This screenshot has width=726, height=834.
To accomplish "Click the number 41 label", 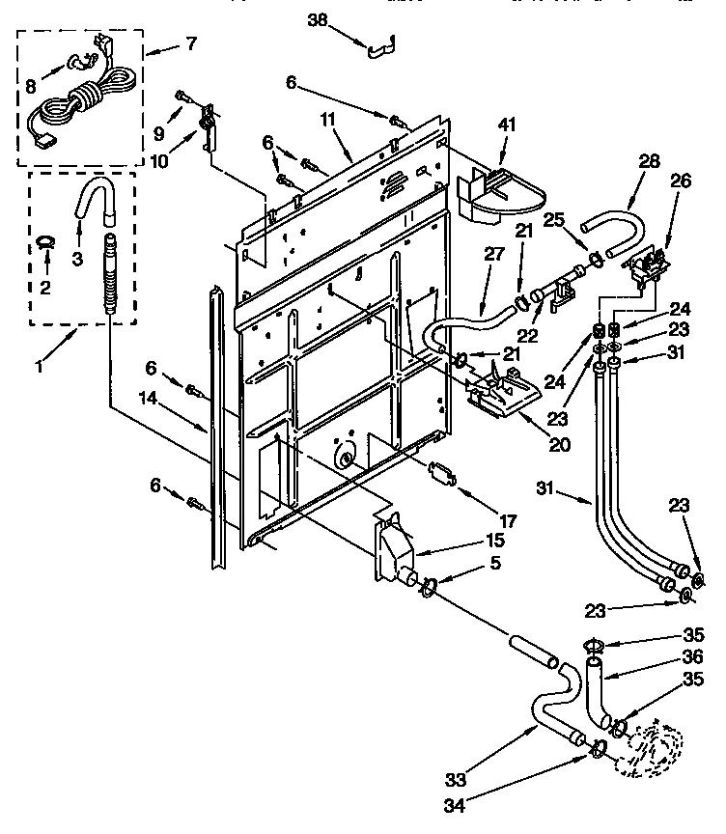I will (508, 124).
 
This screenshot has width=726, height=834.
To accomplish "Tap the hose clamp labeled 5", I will (430, 585).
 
